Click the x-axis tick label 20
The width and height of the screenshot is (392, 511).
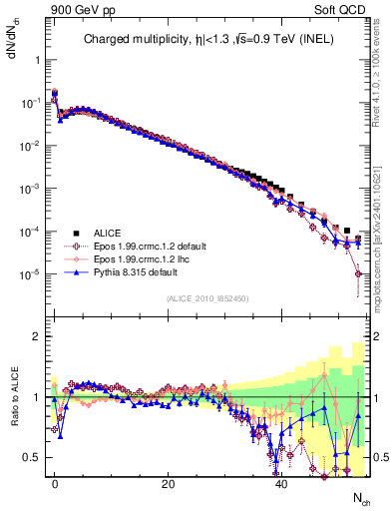pos(169,484)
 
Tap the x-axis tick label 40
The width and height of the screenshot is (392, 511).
pos(282,484)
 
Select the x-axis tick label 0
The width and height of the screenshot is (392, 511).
pos(55,484)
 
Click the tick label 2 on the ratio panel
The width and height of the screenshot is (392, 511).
pos(34,336)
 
